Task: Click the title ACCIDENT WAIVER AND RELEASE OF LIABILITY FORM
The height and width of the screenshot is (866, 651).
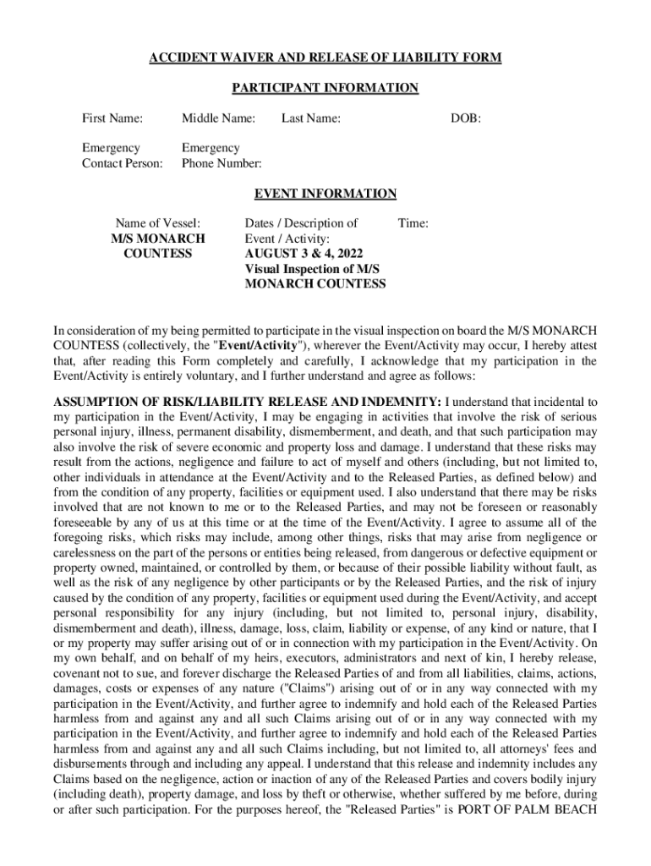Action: point(325,58)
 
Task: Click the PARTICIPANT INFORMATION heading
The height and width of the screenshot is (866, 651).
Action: point(325,88)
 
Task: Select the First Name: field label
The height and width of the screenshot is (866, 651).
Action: point(112,118)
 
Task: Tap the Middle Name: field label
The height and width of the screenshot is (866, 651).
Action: point(218,118)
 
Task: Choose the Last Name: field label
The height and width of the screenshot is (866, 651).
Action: point(310,118)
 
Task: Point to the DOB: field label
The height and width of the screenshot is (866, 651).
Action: point(466,118)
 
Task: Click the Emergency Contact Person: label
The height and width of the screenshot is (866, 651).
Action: point(122,156)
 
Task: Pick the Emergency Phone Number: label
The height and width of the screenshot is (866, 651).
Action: point(222,156)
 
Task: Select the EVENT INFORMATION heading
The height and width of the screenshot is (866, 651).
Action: point(325,194)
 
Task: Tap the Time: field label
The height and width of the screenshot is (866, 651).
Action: point(413,223)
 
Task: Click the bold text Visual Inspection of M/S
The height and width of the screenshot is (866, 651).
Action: point(312,269)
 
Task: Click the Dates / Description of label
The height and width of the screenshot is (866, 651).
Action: point(301,223)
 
